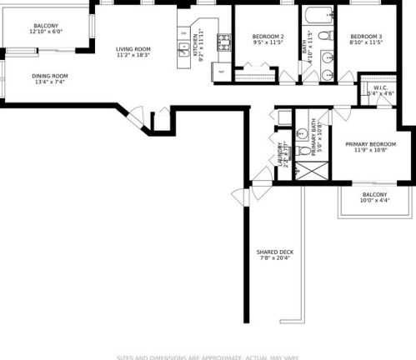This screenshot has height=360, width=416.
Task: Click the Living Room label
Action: [x=133, y=49]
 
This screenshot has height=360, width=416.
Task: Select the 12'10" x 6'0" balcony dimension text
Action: [x=46, y=32]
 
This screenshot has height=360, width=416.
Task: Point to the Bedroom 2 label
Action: [x=268, y=37]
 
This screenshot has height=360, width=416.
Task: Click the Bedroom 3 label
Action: [x=366, y=37]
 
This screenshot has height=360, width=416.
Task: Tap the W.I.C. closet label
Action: [x=382, y=87]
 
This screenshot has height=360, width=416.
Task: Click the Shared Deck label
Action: [x=273, y=252]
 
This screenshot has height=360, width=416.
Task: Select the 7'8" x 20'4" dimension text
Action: [x=273, y=258]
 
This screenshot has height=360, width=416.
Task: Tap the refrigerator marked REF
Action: [x=221, y=72]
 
